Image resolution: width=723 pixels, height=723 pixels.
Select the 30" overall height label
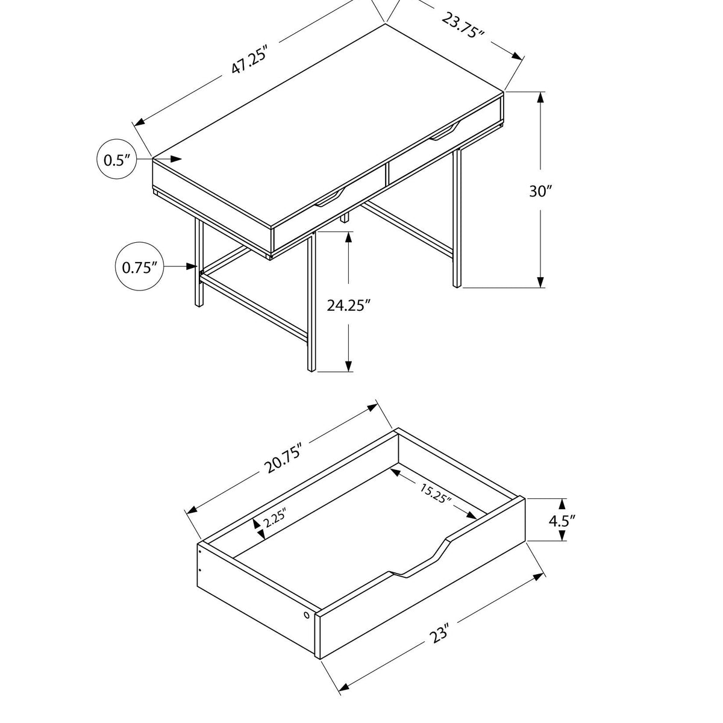click(540, 192)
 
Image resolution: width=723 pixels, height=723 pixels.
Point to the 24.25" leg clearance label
click(348, 305)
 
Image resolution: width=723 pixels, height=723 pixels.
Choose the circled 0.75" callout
click(139, 266)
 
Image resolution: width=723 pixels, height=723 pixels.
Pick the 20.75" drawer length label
click(281, 458)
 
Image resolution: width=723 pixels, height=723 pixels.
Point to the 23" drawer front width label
click(441, 634)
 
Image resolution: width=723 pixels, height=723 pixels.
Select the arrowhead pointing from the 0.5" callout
click(175, 158)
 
